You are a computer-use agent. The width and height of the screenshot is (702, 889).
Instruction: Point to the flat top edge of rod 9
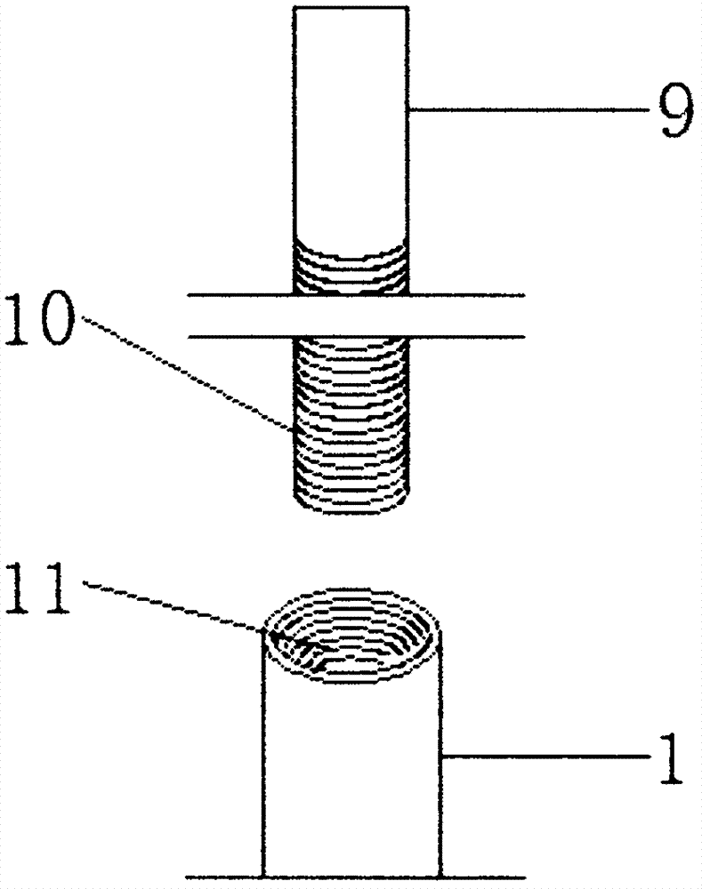click(351, 8)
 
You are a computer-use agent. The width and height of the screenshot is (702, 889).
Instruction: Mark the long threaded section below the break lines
click(351, 418)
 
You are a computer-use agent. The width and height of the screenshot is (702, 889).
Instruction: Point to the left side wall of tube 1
click(263, 765)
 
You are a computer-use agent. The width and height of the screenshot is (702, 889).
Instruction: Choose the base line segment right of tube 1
click(480, 876)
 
